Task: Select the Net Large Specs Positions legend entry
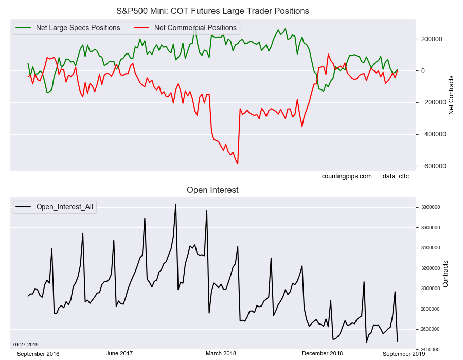(77, 28)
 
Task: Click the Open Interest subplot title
(212, 190)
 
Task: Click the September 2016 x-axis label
(38, 354)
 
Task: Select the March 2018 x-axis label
(221, 353)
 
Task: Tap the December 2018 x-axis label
(322, 353)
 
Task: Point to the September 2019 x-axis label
(404, 354)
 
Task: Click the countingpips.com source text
(347, 176)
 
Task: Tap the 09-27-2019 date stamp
(26, 344)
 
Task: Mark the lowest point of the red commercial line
(238, 164)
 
